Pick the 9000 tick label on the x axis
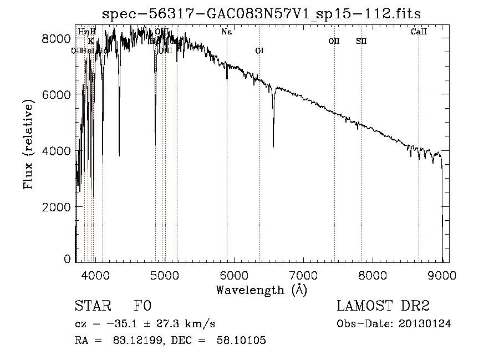(x=442, y=273)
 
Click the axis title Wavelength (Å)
(x=261, y=290)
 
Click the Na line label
(x=226, y=32)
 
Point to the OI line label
(x=259, y=51)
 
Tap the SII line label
(x=361, y=41)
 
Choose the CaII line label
(x=419, y=32)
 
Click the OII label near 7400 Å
(x=334, y=41)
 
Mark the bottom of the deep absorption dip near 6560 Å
(x=273, y=146)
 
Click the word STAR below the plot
(x=92, y=307)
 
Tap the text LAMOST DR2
(x=383, y=307)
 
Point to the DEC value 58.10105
(x=242, y=341)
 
